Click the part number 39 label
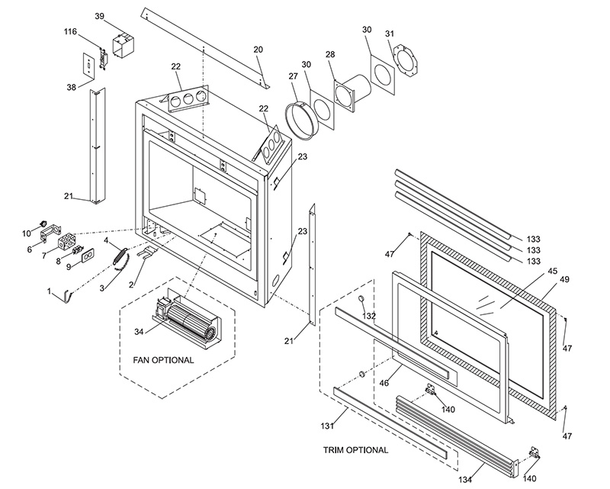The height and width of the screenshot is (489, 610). click(x=100, y=16)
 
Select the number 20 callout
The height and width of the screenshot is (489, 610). click(x=258, y=49)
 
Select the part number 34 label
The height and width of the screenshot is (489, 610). click(x=139, y=331)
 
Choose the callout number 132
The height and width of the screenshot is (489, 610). click(x=369, y=315)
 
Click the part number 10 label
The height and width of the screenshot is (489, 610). click(x=26, y=233)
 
